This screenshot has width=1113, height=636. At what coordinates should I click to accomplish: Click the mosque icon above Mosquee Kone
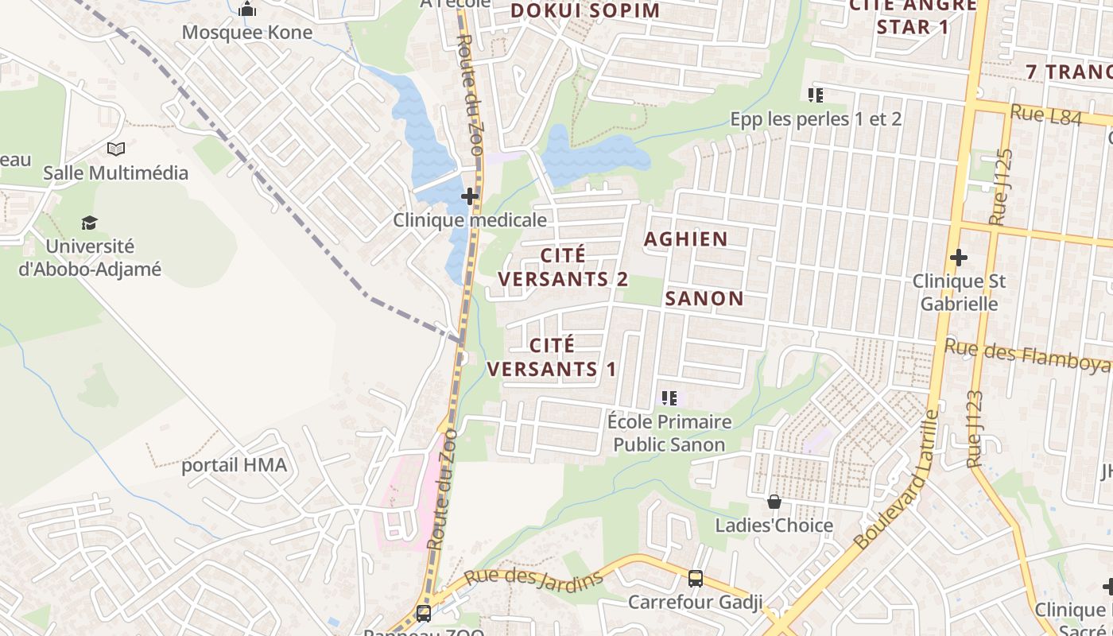[x=247, y=10]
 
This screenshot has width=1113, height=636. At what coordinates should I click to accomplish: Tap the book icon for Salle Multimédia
[x=116, y=149]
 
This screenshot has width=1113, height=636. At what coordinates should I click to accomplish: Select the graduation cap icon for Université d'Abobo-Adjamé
[x=89, y=223]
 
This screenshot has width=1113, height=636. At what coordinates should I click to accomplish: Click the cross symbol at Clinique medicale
[x=470, y=196]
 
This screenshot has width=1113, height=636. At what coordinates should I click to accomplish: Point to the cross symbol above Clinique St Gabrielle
[x=959, y=258]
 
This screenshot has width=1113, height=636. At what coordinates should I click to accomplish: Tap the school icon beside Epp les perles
[x=815, y=95]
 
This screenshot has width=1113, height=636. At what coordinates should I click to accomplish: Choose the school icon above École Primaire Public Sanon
[x=669, y=397]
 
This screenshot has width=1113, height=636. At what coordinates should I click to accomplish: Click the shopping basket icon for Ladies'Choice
[x=774, y=502]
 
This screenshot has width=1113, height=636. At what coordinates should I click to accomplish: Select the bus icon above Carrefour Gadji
[x=696, y=578]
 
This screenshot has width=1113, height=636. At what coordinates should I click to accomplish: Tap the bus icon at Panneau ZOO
[x=424, y=613]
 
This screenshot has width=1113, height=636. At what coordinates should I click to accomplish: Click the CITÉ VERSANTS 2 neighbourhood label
[x=563, y=267]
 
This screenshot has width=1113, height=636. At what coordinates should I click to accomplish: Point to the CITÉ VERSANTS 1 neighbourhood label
[x=552, y=357]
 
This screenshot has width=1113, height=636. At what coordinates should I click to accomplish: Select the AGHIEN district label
[x=685, y=239]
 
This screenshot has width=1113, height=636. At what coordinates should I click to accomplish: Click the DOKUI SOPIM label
[x=585, y=10]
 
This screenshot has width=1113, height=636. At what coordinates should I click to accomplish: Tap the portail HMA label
[x=234, y=465]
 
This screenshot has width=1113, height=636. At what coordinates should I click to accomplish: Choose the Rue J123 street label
[x=975, y=429]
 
